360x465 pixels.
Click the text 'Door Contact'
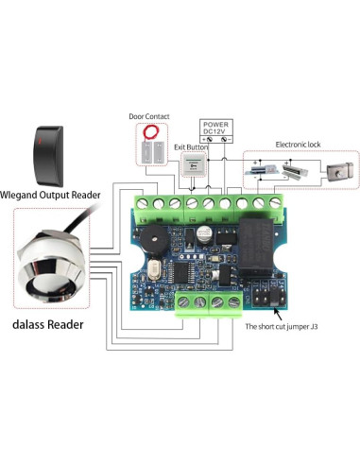pyautogui.click(x=148, y=117)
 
